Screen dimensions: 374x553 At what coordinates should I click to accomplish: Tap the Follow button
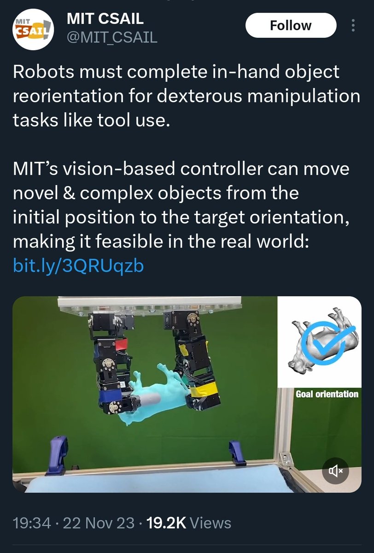[291, 25]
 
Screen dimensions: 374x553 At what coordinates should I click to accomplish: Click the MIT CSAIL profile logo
[33, 29]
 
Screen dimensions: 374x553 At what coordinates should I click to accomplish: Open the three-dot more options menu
[353, 25]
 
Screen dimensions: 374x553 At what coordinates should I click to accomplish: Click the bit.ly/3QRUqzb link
[78, 265]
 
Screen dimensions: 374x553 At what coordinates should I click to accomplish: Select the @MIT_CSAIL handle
[112, 37]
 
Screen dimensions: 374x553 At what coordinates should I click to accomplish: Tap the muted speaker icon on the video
[335, 471]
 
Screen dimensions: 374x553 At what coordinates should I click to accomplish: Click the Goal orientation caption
[327, 394]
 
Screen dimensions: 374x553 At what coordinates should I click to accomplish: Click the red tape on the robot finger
[121, 344]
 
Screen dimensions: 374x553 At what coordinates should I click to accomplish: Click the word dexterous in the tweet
[199, 96]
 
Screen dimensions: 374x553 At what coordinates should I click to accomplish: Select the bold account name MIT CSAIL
[105, 18]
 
